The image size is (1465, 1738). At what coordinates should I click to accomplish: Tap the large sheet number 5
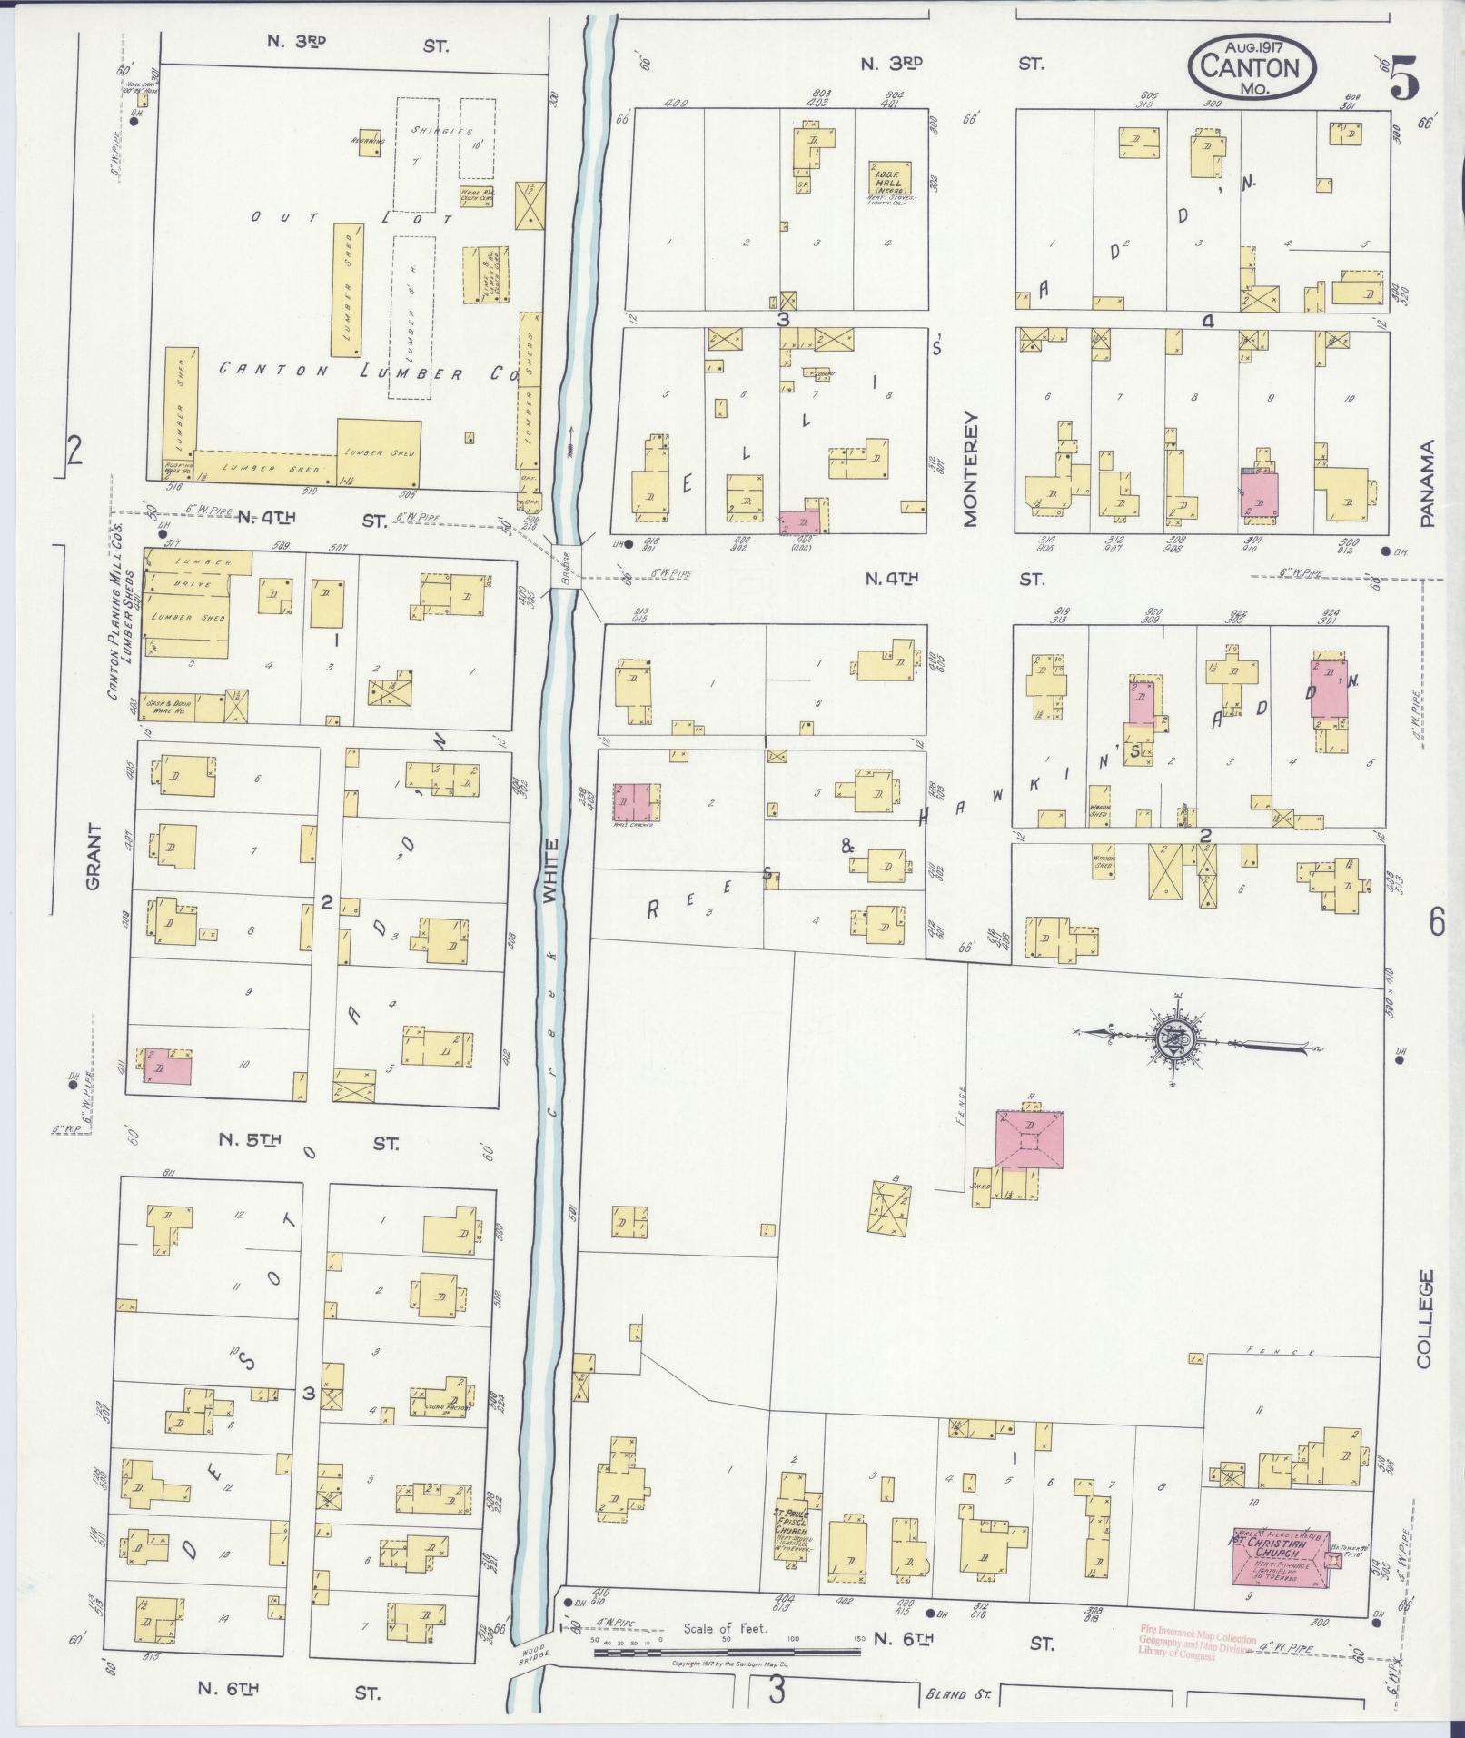pyautogui.click(x=1403, y=83)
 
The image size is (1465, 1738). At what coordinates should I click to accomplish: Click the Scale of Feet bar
pyautogui.click(x=727, y=1648)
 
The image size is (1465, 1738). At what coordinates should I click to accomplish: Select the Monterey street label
pyautogui.click(x=969, y=469)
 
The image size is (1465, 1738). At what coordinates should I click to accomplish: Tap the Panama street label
pyautogui.click(x=1428, y=482)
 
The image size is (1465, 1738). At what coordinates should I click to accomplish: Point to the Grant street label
pyautogui.click(x=94, y=858)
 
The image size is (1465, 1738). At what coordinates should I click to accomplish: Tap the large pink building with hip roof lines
pyautogui.click(x=1029, y=1138)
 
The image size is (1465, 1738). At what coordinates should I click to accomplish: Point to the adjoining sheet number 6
pyautogui.click(x=1436, y=922)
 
